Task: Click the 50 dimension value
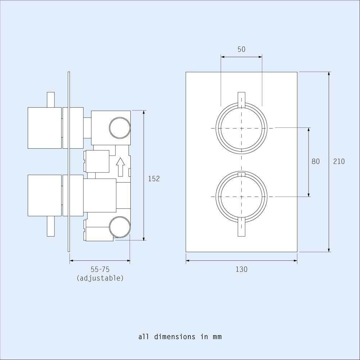(241, 49)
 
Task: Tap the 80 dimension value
(315, 162)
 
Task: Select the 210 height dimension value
(338, 162)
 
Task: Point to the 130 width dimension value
(241, 269)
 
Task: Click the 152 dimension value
(154, 179)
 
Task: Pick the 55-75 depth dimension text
(100, 269)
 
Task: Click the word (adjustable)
(100, 278)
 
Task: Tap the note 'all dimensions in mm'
(180, 337)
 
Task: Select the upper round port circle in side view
(120, 128)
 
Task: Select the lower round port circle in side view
(120, 227)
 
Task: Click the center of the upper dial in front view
(241, 128)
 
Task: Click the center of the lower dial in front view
(241, 197)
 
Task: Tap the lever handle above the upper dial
(241, 99)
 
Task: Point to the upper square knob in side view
(45, 128)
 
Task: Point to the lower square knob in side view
(45, 195)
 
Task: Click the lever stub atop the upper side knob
(51, 99)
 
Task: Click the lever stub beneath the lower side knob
(51, 226)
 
